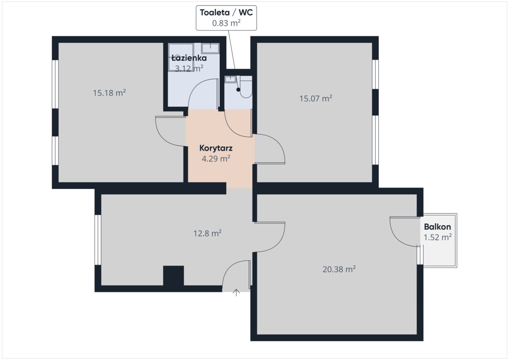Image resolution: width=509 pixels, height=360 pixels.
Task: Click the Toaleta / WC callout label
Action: click(x=226, y=12)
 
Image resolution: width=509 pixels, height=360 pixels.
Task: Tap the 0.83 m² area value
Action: click(x=226, y=23)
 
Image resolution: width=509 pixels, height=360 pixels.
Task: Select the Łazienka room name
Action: click(x=189, y=58)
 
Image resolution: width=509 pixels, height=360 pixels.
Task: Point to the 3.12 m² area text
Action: click(x=189, y=68)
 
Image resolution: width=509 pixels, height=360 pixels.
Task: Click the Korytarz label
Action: click(x=216, y=148)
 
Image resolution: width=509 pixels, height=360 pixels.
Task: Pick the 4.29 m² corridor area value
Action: click(x=216, y=159)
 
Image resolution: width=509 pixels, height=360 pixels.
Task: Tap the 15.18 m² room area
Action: click(x=109, y=93)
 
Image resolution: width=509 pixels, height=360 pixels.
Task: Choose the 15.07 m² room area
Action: click(x=316, y=98)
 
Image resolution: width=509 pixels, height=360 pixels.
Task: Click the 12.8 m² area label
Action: click(x=207, y=233)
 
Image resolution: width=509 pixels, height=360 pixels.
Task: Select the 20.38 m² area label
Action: click(x=339, y=269)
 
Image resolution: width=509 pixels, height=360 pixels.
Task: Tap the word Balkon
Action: click(x=437, y=227)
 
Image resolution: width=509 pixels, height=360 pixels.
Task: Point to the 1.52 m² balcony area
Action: click(x=437, y=237)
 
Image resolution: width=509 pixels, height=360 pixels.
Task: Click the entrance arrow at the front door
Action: click(x=236, y=292)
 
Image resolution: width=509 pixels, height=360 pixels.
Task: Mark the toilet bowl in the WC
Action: click(x=246, y=87)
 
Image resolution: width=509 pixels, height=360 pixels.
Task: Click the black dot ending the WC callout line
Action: click(x=238, y=90)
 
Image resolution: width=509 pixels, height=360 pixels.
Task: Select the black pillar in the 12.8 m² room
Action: click(x=173, y=275)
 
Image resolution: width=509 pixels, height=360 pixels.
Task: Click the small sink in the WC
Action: click(x=231, y=79)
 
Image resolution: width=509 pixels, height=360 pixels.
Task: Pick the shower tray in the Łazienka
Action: click(x=181, y=57)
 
